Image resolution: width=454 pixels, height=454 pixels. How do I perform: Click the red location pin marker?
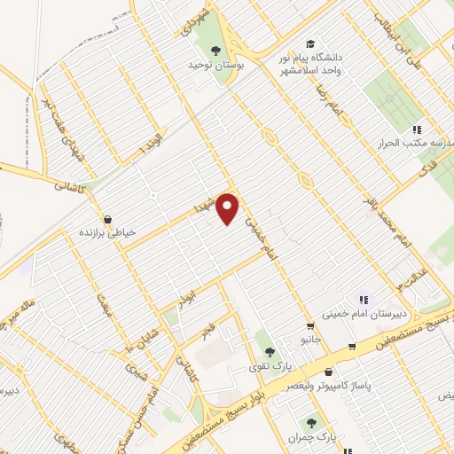point(229,208)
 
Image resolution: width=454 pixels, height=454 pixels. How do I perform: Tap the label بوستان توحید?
point(215,65)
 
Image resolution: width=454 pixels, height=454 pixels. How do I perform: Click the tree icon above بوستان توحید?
point(216,49)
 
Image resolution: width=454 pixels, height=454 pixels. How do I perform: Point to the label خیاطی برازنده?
point(107,232)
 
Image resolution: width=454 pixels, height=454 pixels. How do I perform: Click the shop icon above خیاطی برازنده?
point(107,218)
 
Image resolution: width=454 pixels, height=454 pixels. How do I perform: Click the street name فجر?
point(209,330)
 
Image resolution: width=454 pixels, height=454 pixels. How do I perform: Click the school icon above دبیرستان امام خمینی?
point(364,299)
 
